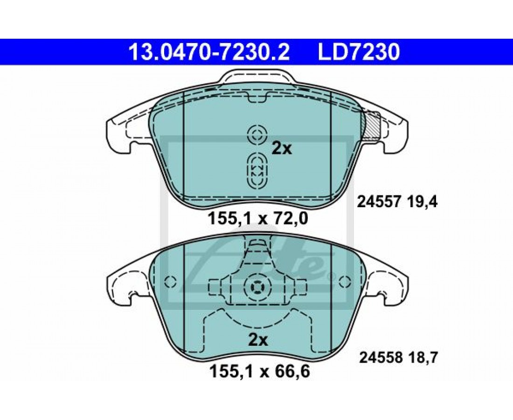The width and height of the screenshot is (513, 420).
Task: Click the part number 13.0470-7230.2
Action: tap(209, 52)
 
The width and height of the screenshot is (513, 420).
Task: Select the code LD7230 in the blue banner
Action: tap(359, 52)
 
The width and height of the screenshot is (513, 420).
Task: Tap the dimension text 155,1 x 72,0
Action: tap(258, 219)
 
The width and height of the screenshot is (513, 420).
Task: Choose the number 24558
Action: tap(381, 357)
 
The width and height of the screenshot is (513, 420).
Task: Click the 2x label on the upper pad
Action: tap(282, 149)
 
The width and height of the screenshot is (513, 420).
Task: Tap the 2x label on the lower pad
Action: tap(258, 341)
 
